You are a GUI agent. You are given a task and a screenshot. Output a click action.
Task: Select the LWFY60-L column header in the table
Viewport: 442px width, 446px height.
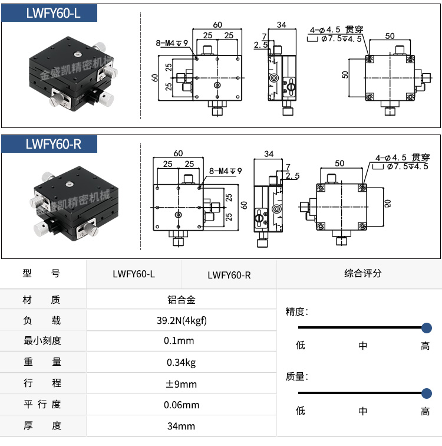coord(134,274)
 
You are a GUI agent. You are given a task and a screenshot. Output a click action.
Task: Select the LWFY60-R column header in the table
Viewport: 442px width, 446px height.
coord(229,274)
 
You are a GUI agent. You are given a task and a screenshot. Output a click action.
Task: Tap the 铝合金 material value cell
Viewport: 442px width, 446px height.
coord(181,300)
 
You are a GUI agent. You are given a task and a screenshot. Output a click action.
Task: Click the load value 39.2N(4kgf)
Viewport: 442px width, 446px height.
coord(181,321)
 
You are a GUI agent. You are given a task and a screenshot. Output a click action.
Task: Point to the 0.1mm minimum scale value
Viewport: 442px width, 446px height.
coord(181,341)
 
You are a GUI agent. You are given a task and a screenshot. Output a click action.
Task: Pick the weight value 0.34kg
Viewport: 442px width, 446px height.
coord(181,362)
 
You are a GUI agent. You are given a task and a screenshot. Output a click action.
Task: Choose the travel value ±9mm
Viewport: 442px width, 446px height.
coord(181,383)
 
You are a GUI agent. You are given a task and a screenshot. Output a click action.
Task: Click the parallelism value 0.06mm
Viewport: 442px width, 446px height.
coord(181,405)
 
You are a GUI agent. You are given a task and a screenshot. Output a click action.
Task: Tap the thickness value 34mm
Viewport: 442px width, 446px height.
coord(181,426)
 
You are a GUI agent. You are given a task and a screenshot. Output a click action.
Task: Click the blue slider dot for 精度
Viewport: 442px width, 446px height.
coord(427,327)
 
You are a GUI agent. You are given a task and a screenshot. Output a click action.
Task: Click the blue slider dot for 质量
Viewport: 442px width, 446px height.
coord(427,392)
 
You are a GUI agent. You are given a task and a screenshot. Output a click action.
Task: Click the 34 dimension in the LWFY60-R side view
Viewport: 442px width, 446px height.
coord(269,154)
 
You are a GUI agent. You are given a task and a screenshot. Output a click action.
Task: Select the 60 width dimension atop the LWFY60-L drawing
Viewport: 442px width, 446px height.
coord(217,25)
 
